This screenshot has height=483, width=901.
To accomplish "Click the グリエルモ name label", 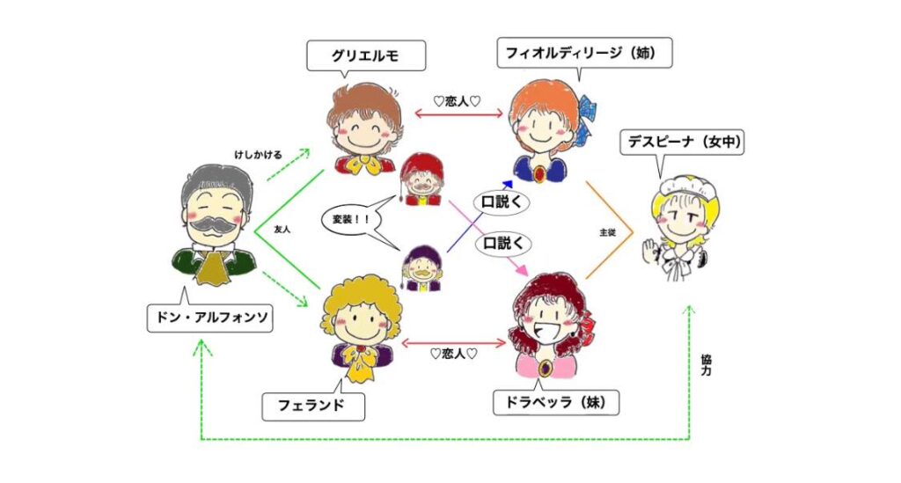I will [x=365, y=56].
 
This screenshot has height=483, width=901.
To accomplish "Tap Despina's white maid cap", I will [x=679, y=183].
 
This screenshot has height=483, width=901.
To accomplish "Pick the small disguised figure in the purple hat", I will [x=422, y=267].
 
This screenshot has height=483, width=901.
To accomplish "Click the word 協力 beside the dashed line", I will [x=707, y=365].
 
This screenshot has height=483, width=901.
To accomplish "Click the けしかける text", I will [x=257, y=156].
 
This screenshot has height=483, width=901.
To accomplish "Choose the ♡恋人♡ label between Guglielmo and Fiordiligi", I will [x=457, y=100].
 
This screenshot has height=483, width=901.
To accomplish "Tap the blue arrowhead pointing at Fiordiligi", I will [x=507, y=185].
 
